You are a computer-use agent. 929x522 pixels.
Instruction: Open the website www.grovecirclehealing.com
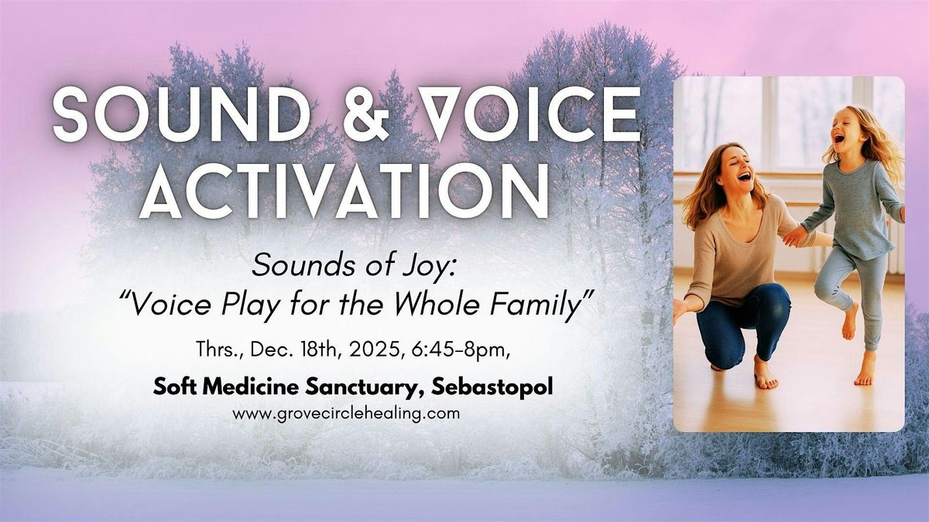(x=346, y=414)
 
